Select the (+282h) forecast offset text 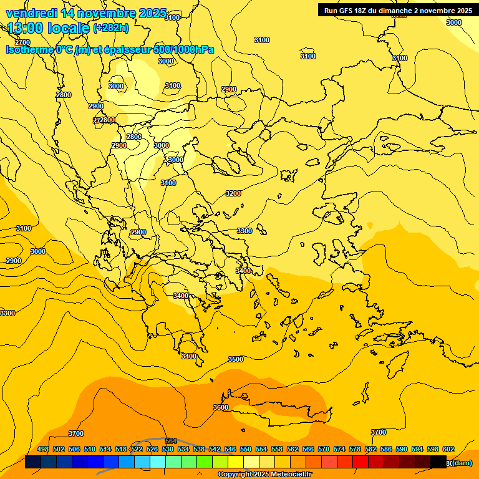(110, 28)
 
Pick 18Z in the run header (362, 11)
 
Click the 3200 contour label (233, 194)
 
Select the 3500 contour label (236, 360)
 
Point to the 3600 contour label (221, 408)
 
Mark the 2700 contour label (22, 43)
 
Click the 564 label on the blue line (172, 442)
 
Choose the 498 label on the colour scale (43, 450)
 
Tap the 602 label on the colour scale (448, 450)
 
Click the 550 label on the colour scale (246, 450)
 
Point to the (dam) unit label (462, 463)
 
